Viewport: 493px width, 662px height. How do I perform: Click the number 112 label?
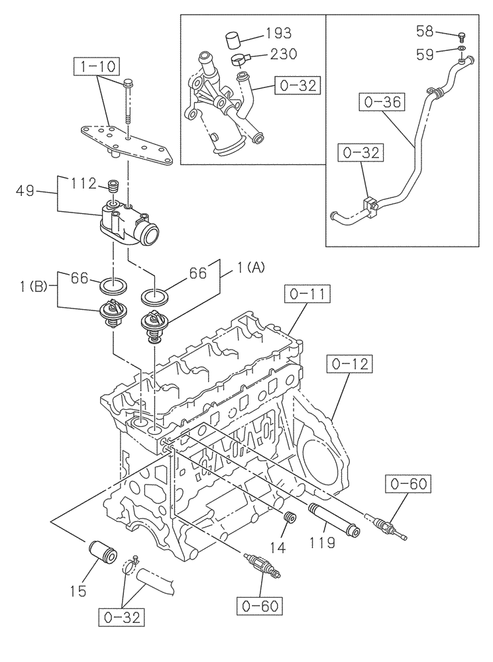pos(83,183)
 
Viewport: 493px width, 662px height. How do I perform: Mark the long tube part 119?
pos(335,520)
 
